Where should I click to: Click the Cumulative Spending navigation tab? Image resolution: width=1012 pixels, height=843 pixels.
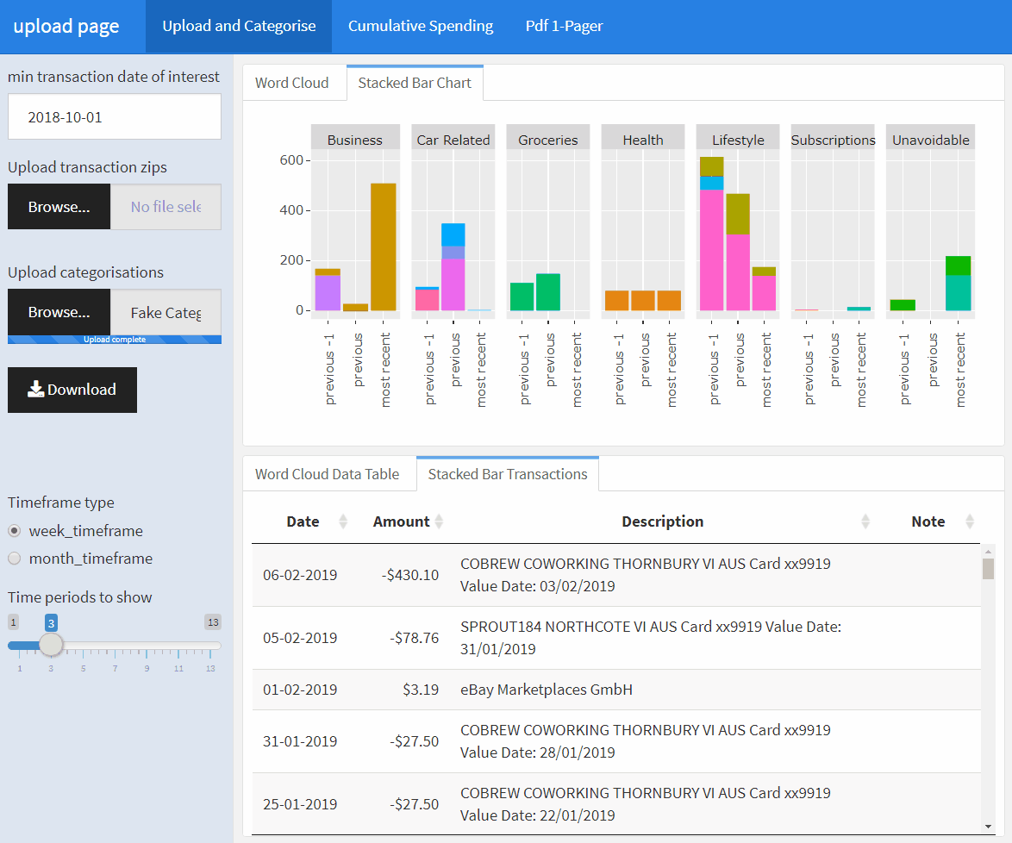coord(420,26)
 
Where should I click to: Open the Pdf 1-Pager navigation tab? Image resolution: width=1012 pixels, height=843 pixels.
coord(564,26)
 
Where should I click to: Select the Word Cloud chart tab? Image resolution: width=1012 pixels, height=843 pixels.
coord(291,83)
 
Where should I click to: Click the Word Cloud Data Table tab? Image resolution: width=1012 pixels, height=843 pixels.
coord(327,474)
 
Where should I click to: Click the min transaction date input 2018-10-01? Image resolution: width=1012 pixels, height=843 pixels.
coord(115,116)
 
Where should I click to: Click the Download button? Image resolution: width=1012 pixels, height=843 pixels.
coord(72,390)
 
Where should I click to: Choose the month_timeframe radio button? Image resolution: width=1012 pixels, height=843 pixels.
coord(15,559)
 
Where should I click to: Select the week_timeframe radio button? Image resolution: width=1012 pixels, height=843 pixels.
coord(15,531)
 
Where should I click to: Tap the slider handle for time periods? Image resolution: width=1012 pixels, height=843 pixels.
coord(51,645)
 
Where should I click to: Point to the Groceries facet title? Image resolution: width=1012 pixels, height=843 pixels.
coord(547,140)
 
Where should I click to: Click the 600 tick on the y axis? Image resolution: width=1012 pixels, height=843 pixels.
coord(290,160)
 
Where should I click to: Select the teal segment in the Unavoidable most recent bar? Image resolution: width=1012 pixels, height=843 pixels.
coord(958,293)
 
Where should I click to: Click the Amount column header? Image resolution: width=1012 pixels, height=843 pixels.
coord(401,521)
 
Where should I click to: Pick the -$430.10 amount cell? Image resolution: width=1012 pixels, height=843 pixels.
coord(410,575)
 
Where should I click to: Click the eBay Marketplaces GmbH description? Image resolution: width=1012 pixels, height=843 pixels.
coord(547,690)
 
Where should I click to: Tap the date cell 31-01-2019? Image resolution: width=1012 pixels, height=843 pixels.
coord(300,741)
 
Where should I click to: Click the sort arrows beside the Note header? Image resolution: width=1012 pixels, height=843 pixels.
coord(970,521)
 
